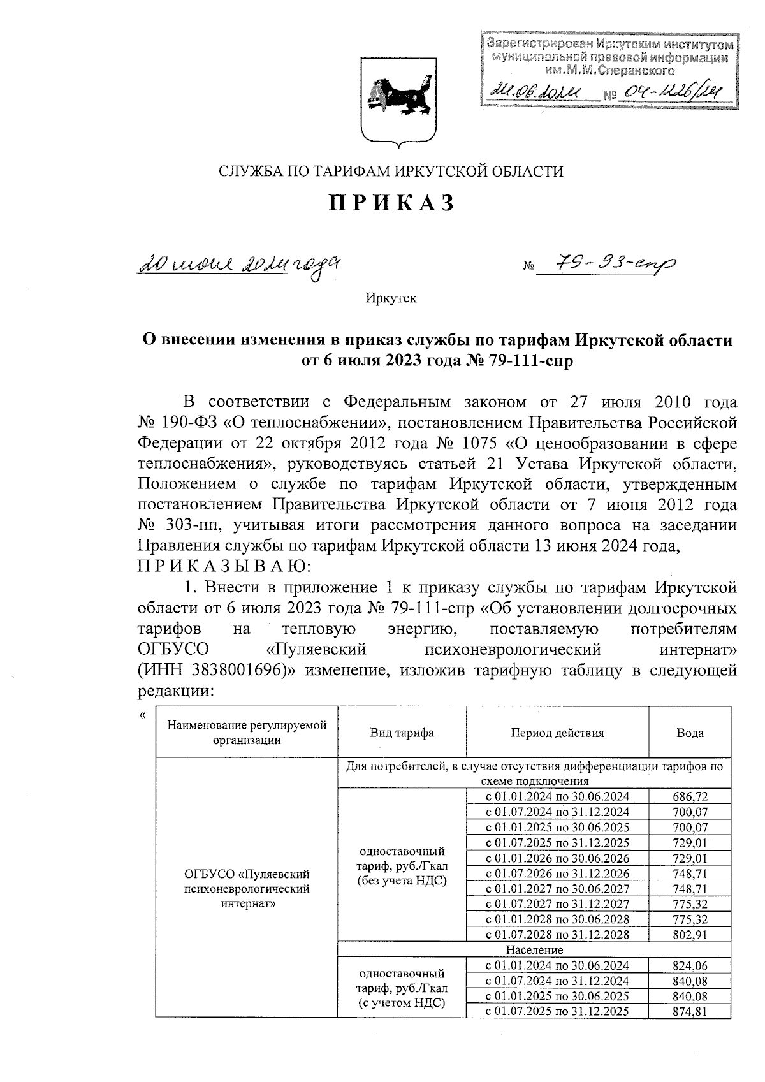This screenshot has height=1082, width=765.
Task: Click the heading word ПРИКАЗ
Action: (391, 202)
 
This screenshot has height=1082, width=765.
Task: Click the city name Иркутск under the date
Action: (391, 298)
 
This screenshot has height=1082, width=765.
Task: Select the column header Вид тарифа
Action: (402, 733)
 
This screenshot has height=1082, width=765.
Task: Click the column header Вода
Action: (690, 733)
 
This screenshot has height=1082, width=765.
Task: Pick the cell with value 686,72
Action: (690, 796)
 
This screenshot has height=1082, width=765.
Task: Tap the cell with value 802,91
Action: (690, 935)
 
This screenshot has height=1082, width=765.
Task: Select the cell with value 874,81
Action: (690, 1011)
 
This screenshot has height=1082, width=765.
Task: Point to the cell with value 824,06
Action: (690, 965)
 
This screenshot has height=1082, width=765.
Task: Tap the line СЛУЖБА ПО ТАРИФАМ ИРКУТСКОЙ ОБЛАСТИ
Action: (391, 171)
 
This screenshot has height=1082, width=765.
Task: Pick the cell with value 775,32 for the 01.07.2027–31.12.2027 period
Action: (690, 904)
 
